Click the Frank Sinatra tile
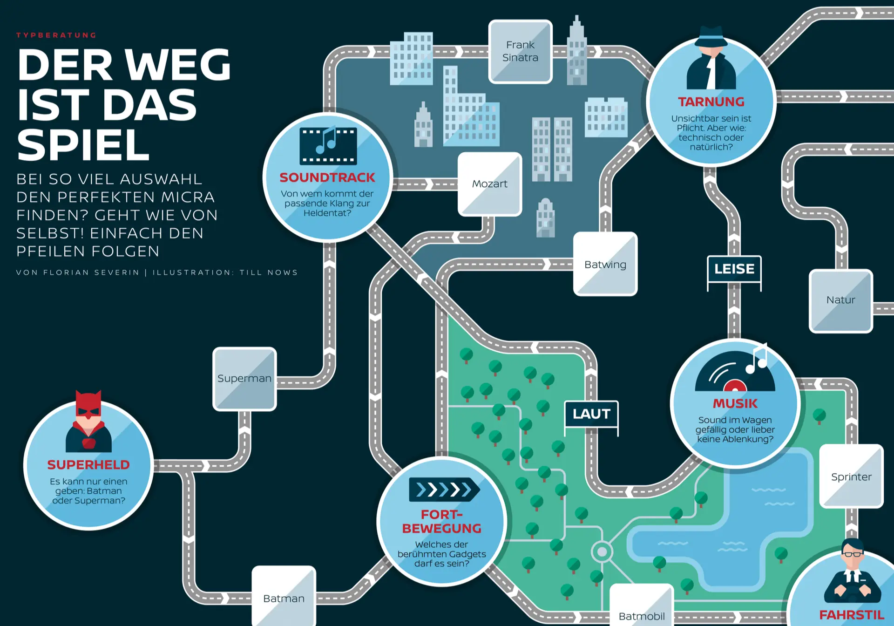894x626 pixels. [520, 52]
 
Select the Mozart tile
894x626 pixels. [489, 184]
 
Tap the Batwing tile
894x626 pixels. [605, 264]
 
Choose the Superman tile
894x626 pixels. [244, 379]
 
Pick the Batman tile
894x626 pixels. [284, 598]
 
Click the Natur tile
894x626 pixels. [840, 300]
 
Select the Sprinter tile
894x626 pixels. [851, 476]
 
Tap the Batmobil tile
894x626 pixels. [642, 613]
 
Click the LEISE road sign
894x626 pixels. [734, 269]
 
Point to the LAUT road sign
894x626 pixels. [591, 414]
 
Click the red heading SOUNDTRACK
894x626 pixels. [327, 177]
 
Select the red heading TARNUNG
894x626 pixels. [711, 102]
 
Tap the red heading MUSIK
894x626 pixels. [735, 403]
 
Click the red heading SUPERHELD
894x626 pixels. [88, 465]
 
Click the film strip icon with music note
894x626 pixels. [328, 145]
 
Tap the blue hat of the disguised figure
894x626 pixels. [711, 36]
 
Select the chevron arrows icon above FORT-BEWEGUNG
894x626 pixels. [444, 490]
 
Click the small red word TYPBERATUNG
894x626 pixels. [56, 35]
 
